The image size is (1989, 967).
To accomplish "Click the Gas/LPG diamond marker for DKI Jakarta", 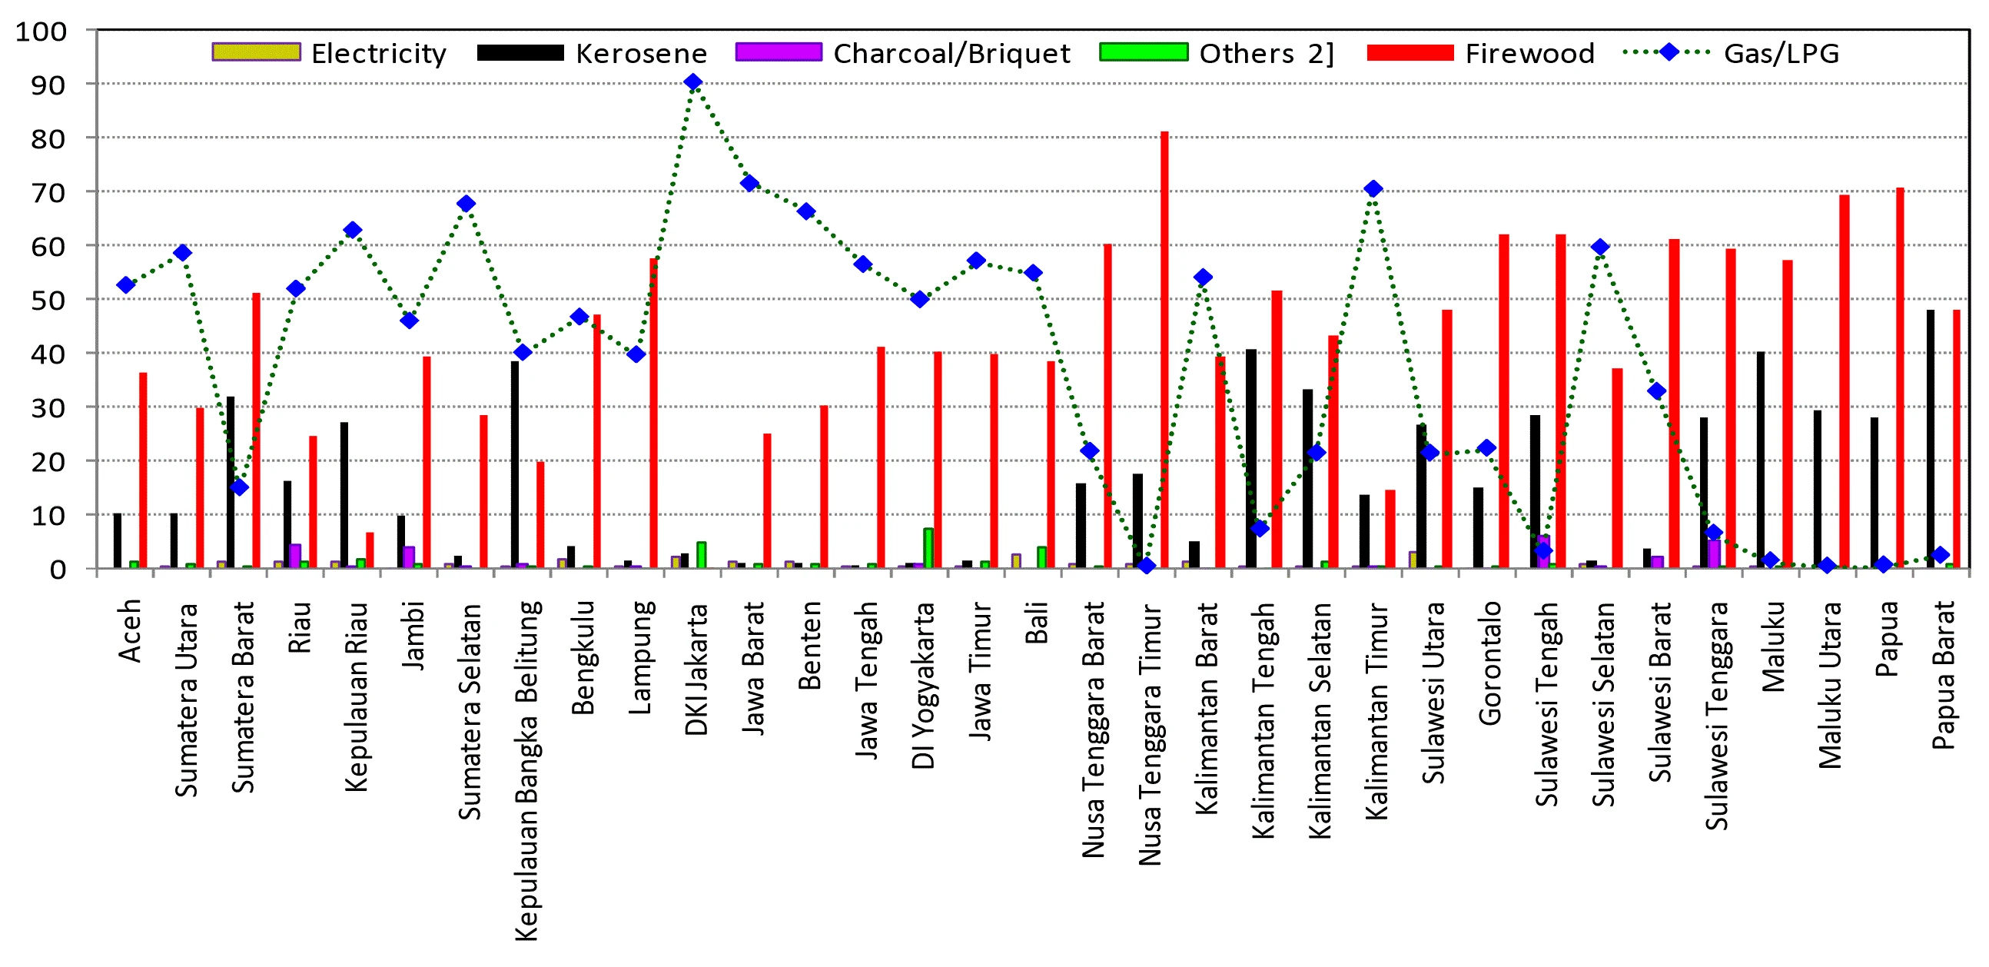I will tap(692, 82).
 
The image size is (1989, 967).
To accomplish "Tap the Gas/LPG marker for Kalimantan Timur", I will tap(1373, 188).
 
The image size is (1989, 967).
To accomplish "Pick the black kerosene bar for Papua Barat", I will tap(1931, 439).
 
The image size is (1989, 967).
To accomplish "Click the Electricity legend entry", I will tap(330, 53).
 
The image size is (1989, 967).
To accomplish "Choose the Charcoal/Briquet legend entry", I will tap(902, 53).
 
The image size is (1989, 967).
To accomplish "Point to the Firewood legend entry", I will tap(1480, 53).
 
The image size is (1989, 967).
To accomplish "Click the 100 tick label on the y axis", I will tap(41, 32).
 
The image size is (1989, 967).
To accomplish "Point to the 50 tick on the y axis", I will tap(48, 300).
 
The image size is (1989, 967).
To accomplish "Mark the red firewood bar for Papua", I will tap(1900, 377).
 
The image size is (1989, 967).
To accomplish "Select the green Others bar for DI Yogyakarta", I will tap(928, 547).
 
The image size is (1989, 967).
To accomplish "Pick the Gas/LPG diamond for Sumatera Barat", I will tap(239, 487).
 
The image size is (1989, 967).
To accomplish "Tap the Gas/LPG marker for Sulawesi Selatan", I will tap(1600, 248).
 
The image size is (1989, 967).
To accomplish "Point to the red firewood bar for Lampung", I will tap(653, 414).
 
